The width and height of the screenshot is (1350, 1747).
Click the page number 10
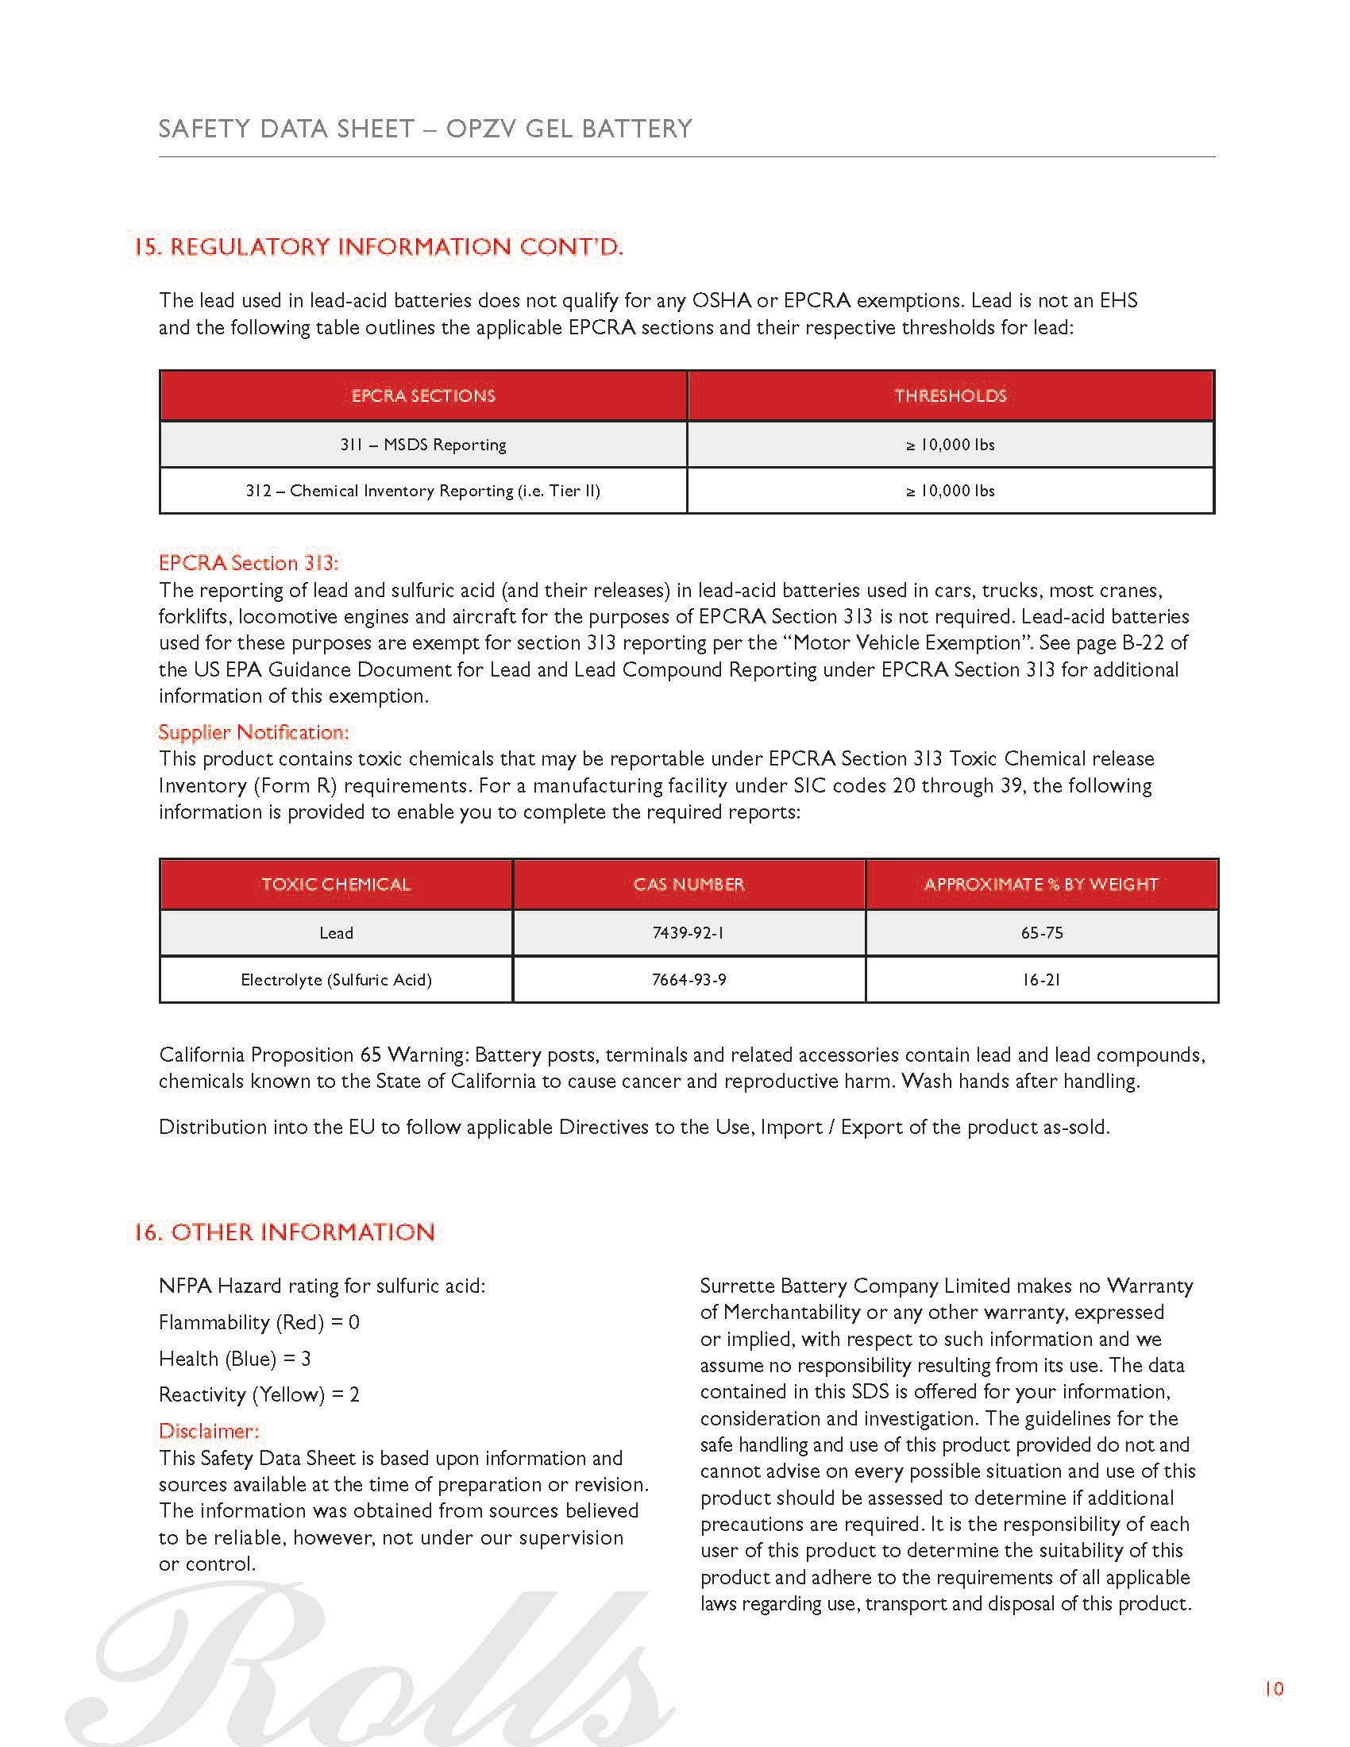[x=1273, y=1688]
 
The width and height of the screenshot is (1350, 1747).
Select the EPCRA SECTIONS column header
[x=423, y=395]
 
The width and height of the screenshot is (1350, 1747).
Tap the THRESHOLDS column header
[x=950, y=395]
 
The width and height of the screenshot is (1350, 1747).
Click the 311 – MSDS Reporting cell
[x=423, y=445]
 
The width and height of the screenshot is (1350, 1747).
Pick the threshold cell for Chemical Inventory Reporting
[x=950, y=491]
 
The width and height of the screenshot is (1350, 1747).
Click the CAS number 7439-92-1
[x=688, y=933]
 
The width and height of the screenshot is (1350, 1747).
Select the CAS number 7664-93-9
[x=688, y=980]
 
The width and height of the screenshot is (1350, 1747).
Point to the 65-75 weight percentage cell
[x=1041, y=933]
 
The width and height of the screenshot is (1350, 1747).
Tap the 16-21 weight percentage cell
[x=1041, y=980]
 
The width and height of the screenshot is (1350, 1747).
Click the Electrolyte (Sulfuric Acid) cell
[x=336, y=980]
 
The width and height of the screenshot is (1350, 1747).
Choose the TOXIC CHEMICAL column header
[x=336, y=884]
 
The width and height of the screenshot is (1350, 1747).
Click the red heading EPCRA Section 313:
[x=249, y=563]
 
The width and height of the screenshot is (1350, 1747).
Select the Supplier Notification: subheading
[x=253, y=732]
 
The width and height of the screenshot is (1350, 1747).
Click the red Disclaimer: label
[x=209, y=1431]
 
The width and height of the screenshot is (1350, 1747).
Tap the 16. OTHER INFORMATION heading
[x=284, y=1232]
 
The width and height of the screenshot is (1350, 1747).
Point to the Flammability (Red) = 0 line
[x=259, y=1322]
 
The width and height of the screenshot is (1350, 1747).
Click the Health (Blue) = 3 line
[x=234, y=1358]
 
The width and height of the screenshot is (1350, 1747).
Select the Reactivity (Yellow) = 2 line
[x=259, y=1394]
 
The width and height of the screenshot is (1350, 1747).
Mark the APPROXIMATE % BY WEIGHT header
[x=1041, y=884]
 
